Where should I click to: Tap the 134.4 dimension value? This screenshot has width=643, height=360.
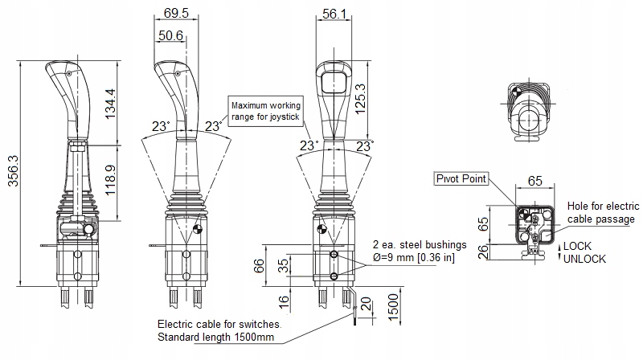click(112, 102)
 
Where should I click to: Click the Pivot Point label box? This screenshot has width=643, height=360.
click(461, 178)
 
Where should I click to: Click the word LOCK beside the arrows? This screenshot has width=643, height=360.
click(577, 245)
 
